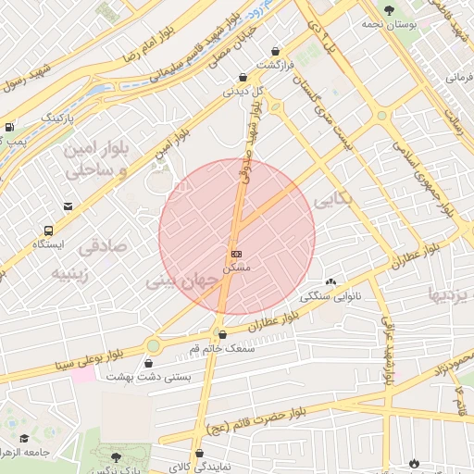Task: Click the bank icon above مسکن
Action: (x=237, y=253)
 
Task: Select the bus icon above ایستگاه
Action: (x=47, y=231)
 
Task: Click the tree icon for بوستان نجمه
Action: (x=389, y=9)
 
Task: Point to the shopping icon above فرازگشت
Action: (x=275, y=52)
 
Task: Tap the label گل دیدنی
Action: (x=243, y=92)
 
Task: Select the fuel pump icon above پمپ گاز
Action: (x=9, y=128)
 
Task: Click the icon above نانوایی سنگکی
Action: (x=331, y=281)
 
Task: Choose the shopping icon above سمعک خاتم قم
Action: (x=220, y=334)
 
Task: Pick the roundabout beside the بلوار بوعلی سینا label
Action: (x=153, y=345)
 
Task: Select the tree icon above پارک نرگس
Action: (x=115, y=457)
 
